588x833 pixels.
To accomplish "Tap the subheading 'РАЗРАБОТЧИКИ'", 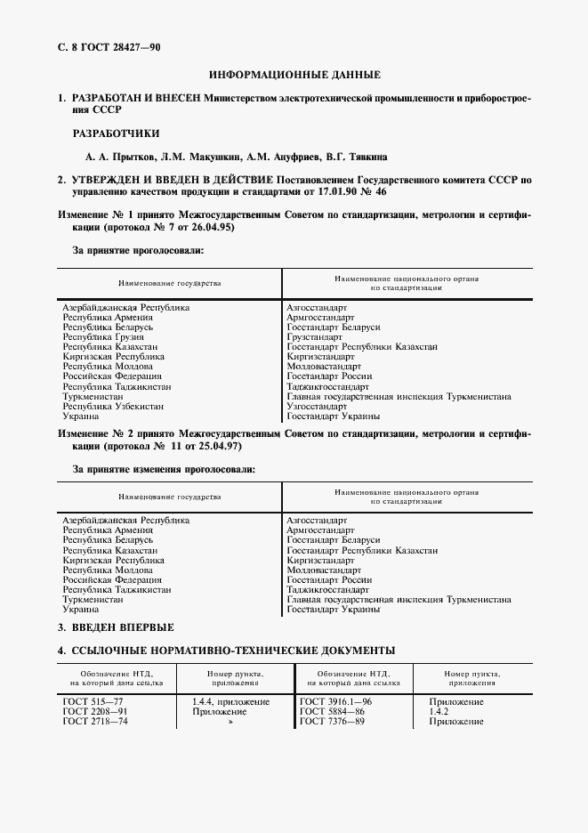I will (116, 133).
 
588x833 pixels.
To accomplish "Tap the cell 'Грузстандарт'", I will (314, 337).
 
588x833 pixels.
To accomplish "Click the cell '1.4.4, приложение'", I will (230, 702).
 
